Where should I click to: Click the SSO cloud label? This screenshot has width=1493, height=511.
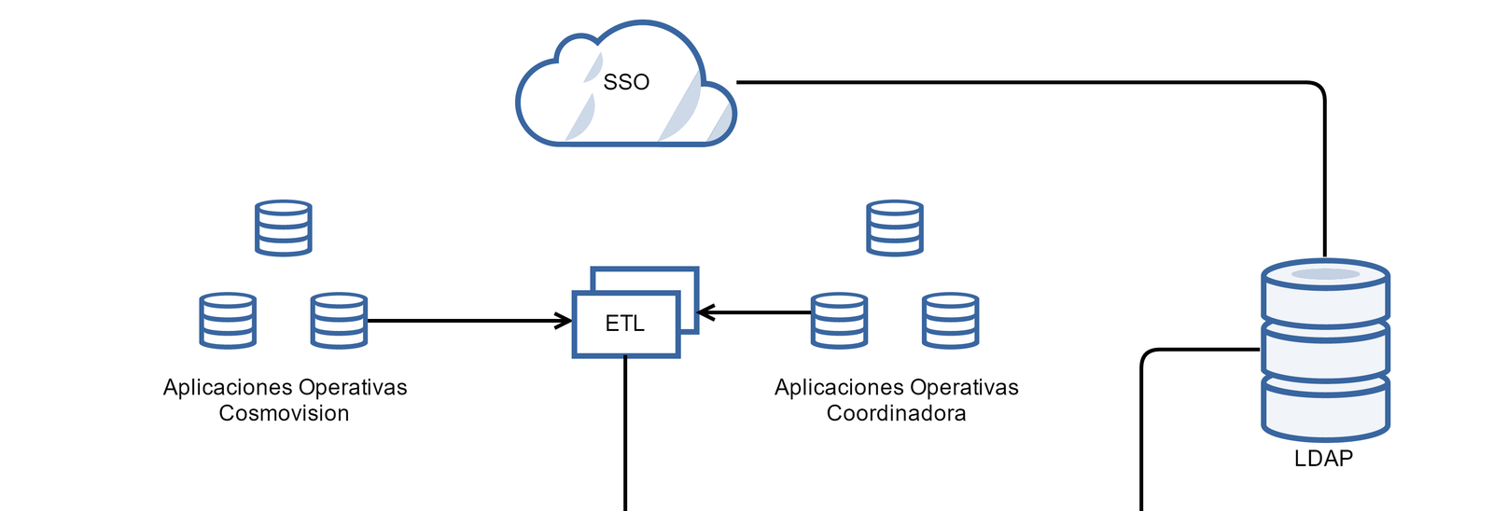click(626, 82)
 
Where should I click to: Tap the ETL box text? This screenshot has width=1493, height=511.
click(625, 324)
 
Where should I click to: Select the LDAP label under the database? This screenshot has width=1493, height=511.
click(1323, 458)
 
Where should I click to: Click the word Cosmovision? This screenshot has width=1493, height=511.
click(284, 413)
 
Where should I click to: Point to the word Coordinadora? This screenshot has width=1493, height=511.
click(896, 413)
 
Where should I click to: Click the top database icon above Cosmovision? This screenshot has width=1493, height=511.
click(284, 228)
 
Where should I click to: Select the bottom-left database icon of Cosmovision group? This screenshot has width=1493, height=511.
click(228, 321)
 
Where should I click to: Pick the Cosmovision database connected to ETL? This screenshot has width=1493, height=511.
click(339, 321)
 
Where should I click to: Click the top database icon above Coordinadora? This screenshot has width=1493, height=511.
click(895, 228)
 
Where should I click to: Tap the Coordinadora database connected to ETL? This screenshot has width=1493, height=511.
click(839, 321)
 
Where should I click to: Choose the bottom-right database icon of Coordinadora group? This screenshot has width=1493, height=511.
click(950, 321)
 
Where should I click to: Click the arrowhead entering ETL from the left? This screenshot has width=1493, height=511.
click(565, 321)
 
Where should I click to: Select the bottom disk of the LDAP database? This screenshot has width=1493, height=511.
click(1325, 407)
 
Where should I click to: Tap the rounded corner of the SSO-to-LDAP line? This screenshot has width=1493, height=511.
click(1318, 89)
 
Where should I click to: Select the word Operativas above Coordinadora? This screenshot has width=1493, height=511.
click(964, 387)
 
